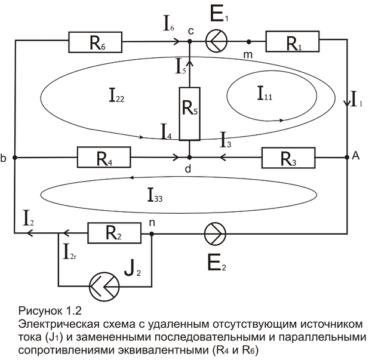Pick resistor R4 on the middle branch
103,159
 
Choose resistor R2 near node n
115,233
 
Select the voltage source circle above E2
214,233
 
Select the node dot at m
248,42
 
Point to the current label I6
170,24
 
